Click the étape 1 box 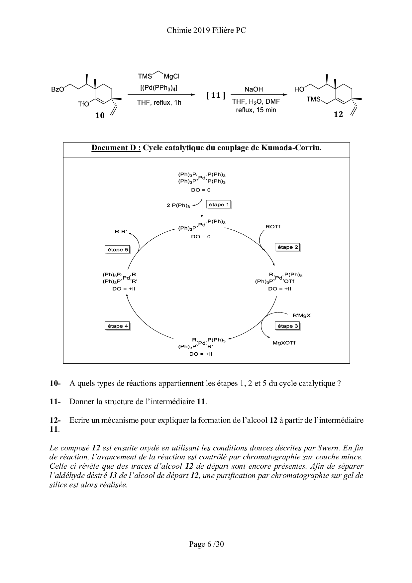tap(219, 204)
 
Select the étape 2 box tap(287, 247)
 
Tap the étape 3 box tap(287, 326)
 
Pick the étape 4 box tap(117, 326)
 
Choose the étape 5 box tap(117, 250)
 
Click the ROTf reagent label tap(273, 227)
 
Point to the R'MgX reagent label tap(301, 315)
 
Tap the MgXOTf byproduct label tap(284, 343)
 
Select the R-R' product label tap(121, 231)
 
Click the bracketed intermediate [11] tap(216, 95)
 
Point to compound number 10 tap(100, 115)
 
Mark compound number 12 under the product tap(338, 115)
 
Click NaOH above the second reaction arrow tap(254, 89)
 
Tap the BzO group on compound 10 tap(57, 89)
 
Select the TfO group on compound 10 tap(83, 104)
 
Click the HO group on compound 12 tap(299, 89)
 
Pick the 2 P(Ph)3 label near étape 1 tap(178, 205)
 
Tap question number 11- tap(55, 402)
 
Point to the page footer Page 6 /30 tap(206, 544)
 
